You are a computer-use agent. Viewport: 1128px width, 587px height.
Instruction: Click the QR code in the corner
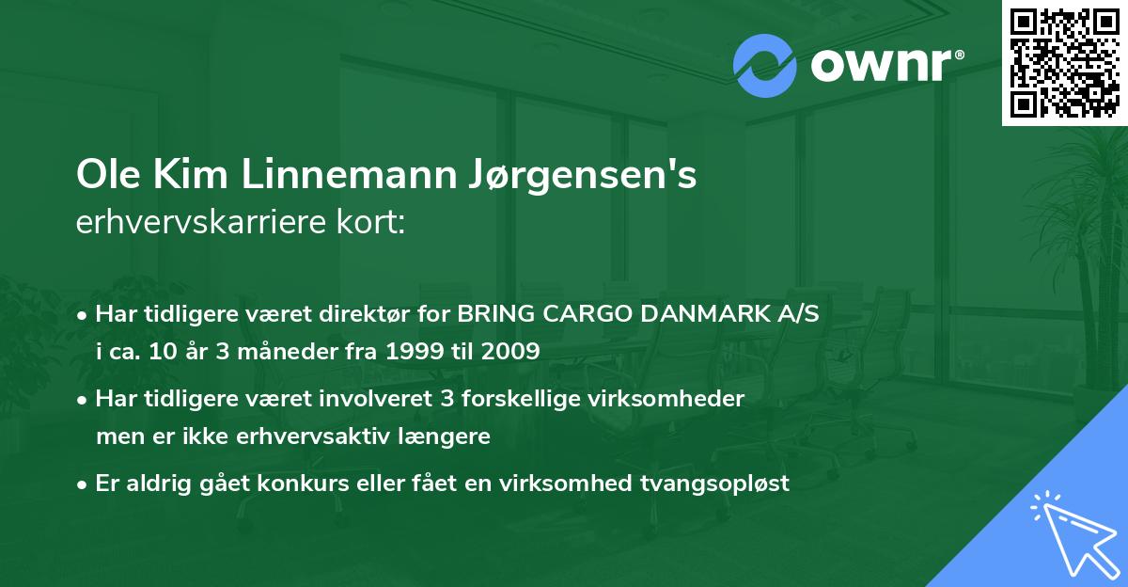[x=1065, y=62]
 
